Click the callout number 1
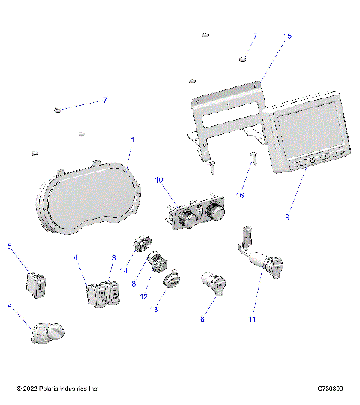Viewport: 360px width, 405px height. pos(133,140)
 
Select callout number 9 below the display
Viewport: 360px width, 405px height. pos(286,217)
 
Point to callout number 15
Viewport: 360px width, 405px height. pos(288,35)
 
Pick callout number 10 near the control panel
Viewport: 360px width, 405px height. pos(158,181)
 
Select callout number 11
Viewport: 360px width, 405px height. pos(252,319)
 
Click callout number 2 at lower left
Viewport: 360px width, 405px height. pos(9,304)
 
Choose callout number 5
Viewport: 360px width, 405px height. pos(9,246)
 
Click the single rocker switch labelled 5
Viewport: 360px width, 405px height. pos(36,283)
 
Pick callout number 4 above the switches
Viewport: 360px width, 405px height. pos(76,257)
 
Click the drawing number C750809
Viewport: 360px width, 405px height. pos(330,388)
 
